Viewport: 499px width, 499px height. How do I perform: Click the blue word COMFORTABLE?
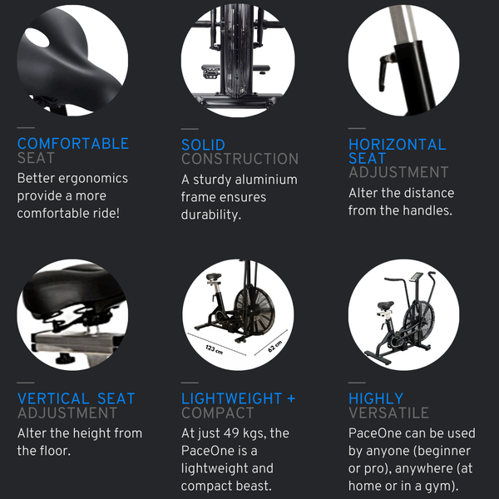click(x=73, y=144)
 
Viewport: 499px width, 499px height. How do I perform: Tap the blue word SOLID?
click(x=203, y=145)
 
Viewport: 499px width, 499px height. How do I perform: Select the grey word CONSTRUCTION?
click(x=240, y=159)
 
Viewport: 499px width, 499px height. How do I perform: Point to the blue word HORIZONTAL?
click(x=398, y=145)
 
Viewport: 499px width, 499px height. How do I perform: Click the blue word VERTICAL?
click(x=53, y=398)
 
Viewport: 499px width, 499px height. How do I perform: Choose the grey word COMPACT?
click(x=218, y=413)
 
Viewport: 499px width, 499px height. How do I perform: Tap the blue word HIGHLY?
click(x=376, y=398)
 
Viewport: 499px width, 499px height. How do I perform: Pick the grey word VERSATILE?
click(x=389, y=413)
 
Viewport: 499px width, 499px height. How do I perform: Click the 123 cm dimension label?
click(x=214, y=349)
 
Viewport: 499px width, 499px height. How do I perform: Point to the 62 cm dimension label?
click(x=275, y=346)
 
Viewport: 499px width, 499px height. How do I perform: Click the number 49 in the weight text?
click(x=231, y=433)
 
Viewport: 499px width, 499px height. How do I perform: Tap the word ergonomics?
click(x=97, y=179)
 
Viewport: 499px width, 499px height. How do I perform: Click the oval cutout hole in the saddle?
click(x=37, y=38)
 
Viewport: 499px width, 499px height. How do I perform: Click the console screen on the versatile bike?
click(x=415, y=277)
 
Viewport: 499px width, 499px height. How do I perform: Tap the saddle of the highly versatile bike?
click(x=385, y=305)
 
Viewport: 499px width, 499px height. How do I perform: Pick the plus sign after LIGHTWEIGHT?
click(x=291, y=398)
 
